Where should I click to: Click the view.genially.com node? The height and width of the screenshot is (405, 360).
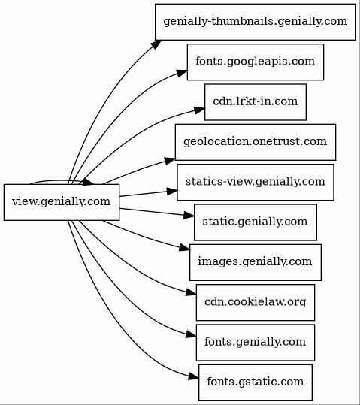pos(62,202)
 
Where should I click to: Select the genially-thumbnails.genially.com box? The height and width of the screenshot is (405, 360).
pos(256,22)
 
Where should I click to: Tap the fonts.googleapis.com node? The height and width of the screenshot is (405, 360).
pos(256,62)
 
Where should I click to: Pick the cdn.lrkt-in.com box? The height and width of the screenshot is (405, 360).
pos(256,102)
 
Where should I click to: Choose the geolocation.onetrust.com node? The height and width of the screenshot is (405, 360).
pos(256,142)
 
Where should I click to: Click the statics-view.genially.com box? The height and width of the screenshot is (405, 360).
pos(256,182)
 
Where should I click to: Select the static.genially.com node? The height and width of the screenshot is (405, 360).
pos(256,222)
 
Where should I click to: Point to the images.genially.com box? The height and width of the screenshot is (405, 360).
pos(256,262)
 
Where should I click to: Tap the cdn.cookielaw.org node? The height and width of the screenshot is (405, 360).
pos(256,303)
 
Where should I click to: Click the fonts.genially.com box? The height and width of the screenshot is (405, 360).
pos(256,343)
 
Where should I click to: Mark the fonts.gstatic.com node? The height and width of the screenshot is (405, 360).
pos(256,382)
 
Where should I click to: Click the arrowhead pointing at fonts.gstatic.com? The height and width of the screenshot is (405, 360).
pos(194,377)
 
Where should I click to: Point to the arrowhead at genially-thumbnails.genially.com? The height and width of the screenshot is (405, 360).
pos(156,44)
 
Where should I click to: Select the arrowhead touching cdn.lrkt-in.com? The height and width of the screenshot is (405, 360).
pos(199,110)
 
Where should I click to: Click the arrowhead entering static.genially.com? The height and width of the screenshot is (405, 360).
pos(189,215)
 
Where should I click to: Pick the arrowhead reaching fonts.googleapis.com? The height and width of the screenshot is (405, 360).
pos(182,73)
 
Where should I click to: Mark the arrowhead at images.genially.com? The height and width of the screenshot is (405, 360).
pos(185,247)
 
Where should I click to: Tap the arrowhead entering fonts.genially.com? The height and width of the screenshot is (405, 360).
pos(192,335)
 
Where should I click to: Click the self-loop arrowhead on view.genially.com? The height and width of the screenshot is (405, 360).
pos(89,182)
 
